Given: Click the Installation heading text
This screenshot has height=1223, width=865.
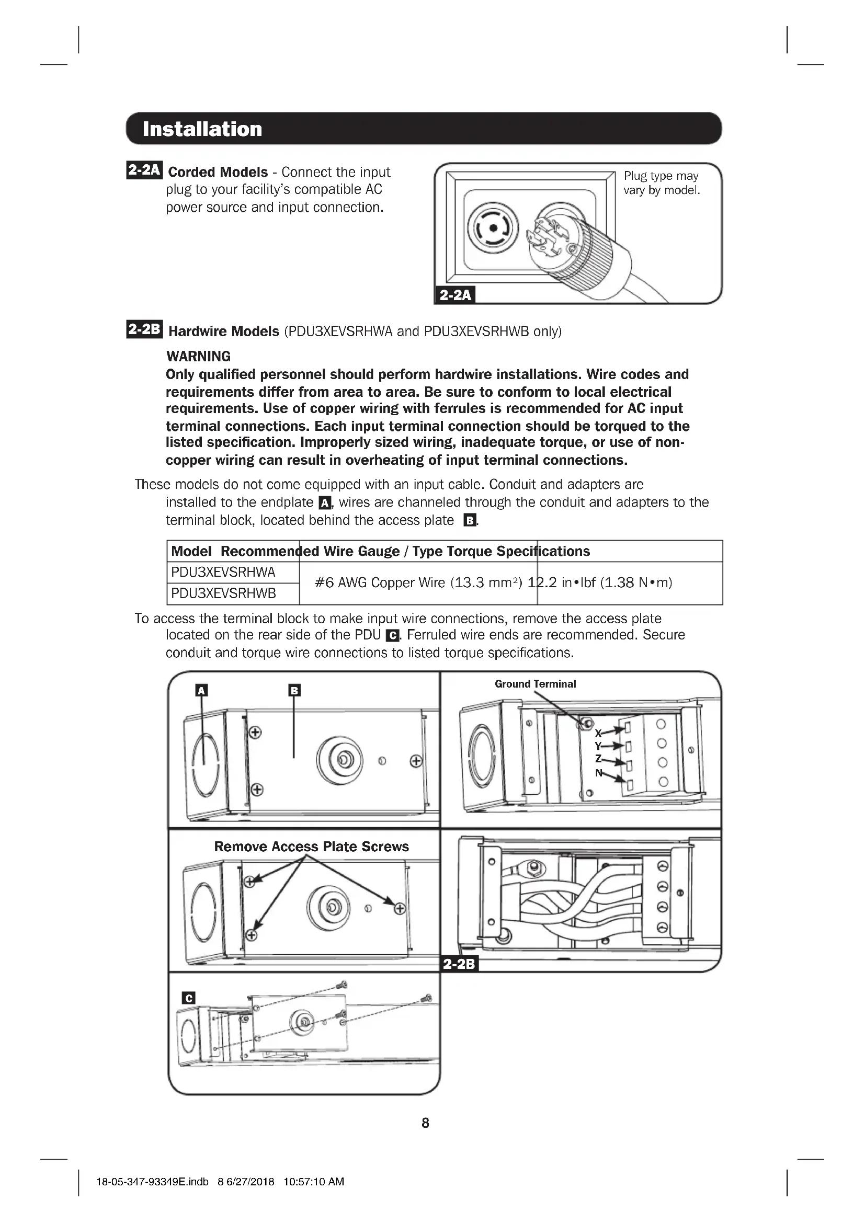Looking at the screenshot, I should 202,129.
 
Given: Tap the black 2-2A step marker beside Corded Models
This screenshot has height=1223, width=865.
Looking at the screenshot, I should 144,170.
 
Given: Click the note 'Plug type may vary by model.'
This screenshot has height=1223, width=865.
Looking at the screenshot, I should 662,182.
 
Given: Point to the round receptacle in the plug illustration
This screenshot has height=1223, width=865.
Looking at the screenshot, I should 493,228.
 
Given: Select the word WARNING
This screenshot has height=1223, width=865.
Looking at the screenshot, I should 198,357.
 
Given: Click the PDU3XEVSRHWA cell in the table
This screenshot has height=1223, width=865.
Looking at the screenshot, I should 223,572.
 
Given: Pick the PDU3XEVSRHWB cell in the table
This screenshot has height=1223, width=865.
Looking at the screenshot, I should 223,593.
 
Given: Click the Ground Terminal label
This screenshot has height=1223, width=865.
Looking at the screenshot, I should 535,684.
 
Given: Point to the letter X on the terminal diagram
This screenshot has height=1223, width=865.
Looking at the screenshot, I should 598,734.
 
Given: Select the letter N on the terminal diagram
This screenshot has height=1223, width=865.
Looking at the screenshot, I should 598,773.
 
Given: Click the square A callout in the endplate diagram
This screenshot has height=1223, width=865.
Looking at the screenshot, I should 201,691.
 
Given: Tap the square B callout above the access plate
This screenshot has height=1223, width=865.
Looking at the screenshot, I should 294,690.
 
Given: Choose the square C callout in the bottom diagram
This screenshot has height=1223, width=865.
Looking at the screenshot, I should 189,998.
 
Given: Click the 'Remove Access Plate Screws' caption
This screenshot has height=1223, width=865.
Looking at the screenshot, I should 311,847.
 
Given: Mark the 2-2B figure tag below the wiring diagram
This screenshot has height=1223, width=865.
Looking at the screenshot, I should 459,964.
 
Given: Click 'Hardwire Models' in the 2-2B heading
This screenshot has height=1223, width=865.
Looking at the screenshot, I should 224,332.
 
